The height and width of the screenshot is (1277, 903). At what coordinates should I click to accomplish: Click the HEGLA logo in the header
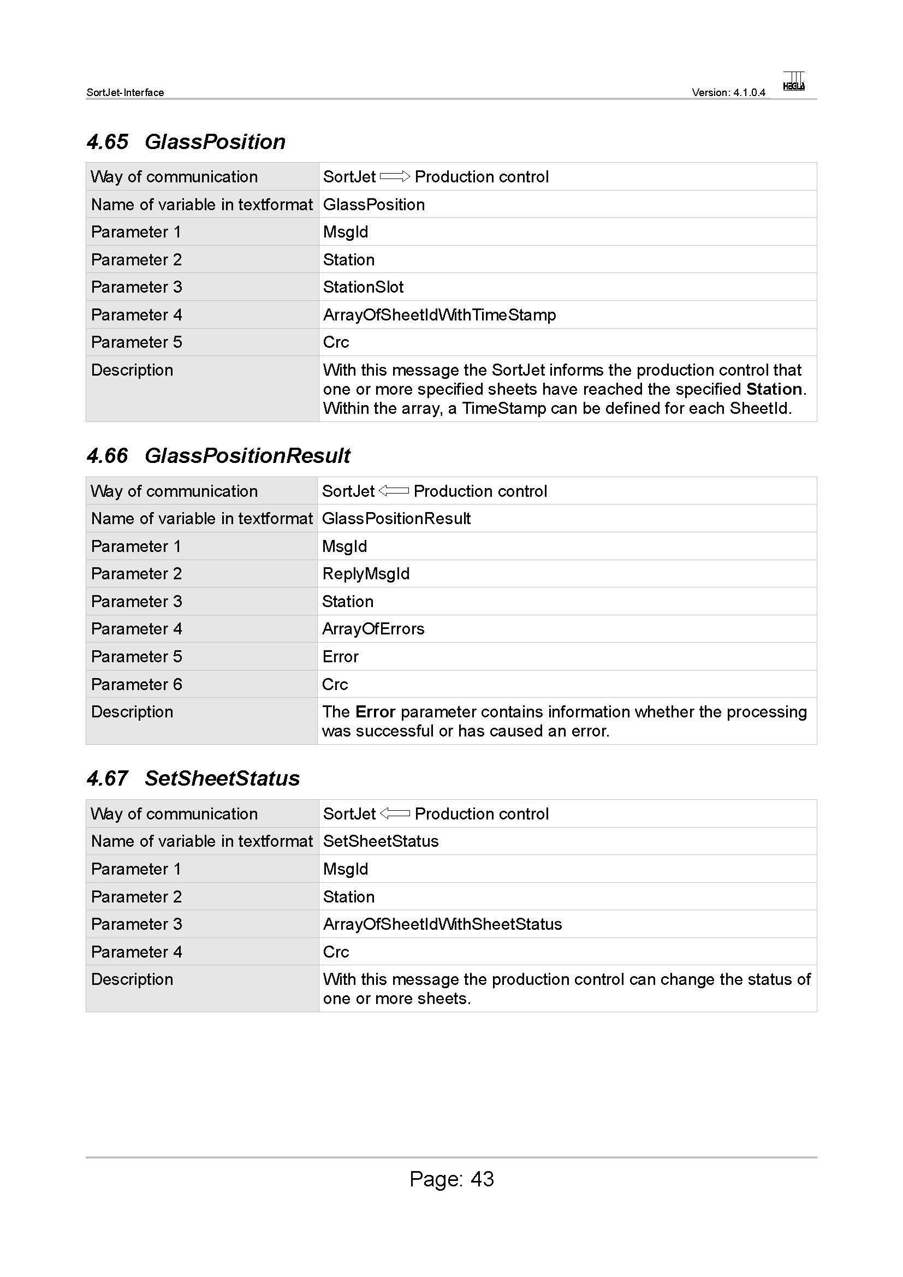[793, 81]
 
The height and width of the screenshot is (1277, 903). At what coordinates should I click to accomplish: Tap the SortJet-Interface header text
[125, 93]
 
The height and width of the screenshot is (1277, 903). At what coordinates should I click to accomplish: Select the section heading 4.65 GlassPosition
[186, 142]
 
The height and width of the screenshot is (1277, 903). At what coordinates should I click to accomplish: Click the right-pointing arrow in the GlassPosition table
[395, 177]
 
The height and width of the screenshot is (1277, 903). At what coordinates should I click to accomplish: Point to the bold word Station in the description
[774, 389]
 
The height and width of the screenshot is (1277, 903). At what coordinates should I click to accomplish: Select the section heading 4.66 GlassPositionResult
[218, 455]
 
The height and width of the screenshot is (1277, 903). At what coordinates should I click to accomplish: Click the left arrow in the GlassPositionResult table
[394, 491]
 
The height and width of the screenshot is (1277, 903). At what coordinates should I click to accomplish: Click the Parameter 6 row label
[136, 684]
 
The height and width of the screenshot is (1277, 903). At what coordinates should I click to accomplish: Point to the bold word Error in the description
[375, 712]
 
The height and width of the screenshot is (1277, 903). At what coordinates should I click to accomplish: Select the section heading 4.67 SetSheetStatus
[193, 778]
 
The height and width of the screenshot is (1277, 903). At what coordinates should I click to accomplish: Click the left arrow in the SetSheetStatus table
[395, 813]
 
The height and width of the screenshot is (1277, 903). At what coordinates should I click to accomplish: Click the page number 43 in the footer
[482, 1179]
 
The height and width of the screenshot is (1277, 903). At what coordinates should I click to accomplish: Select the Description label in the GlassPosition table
[132, 370]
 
